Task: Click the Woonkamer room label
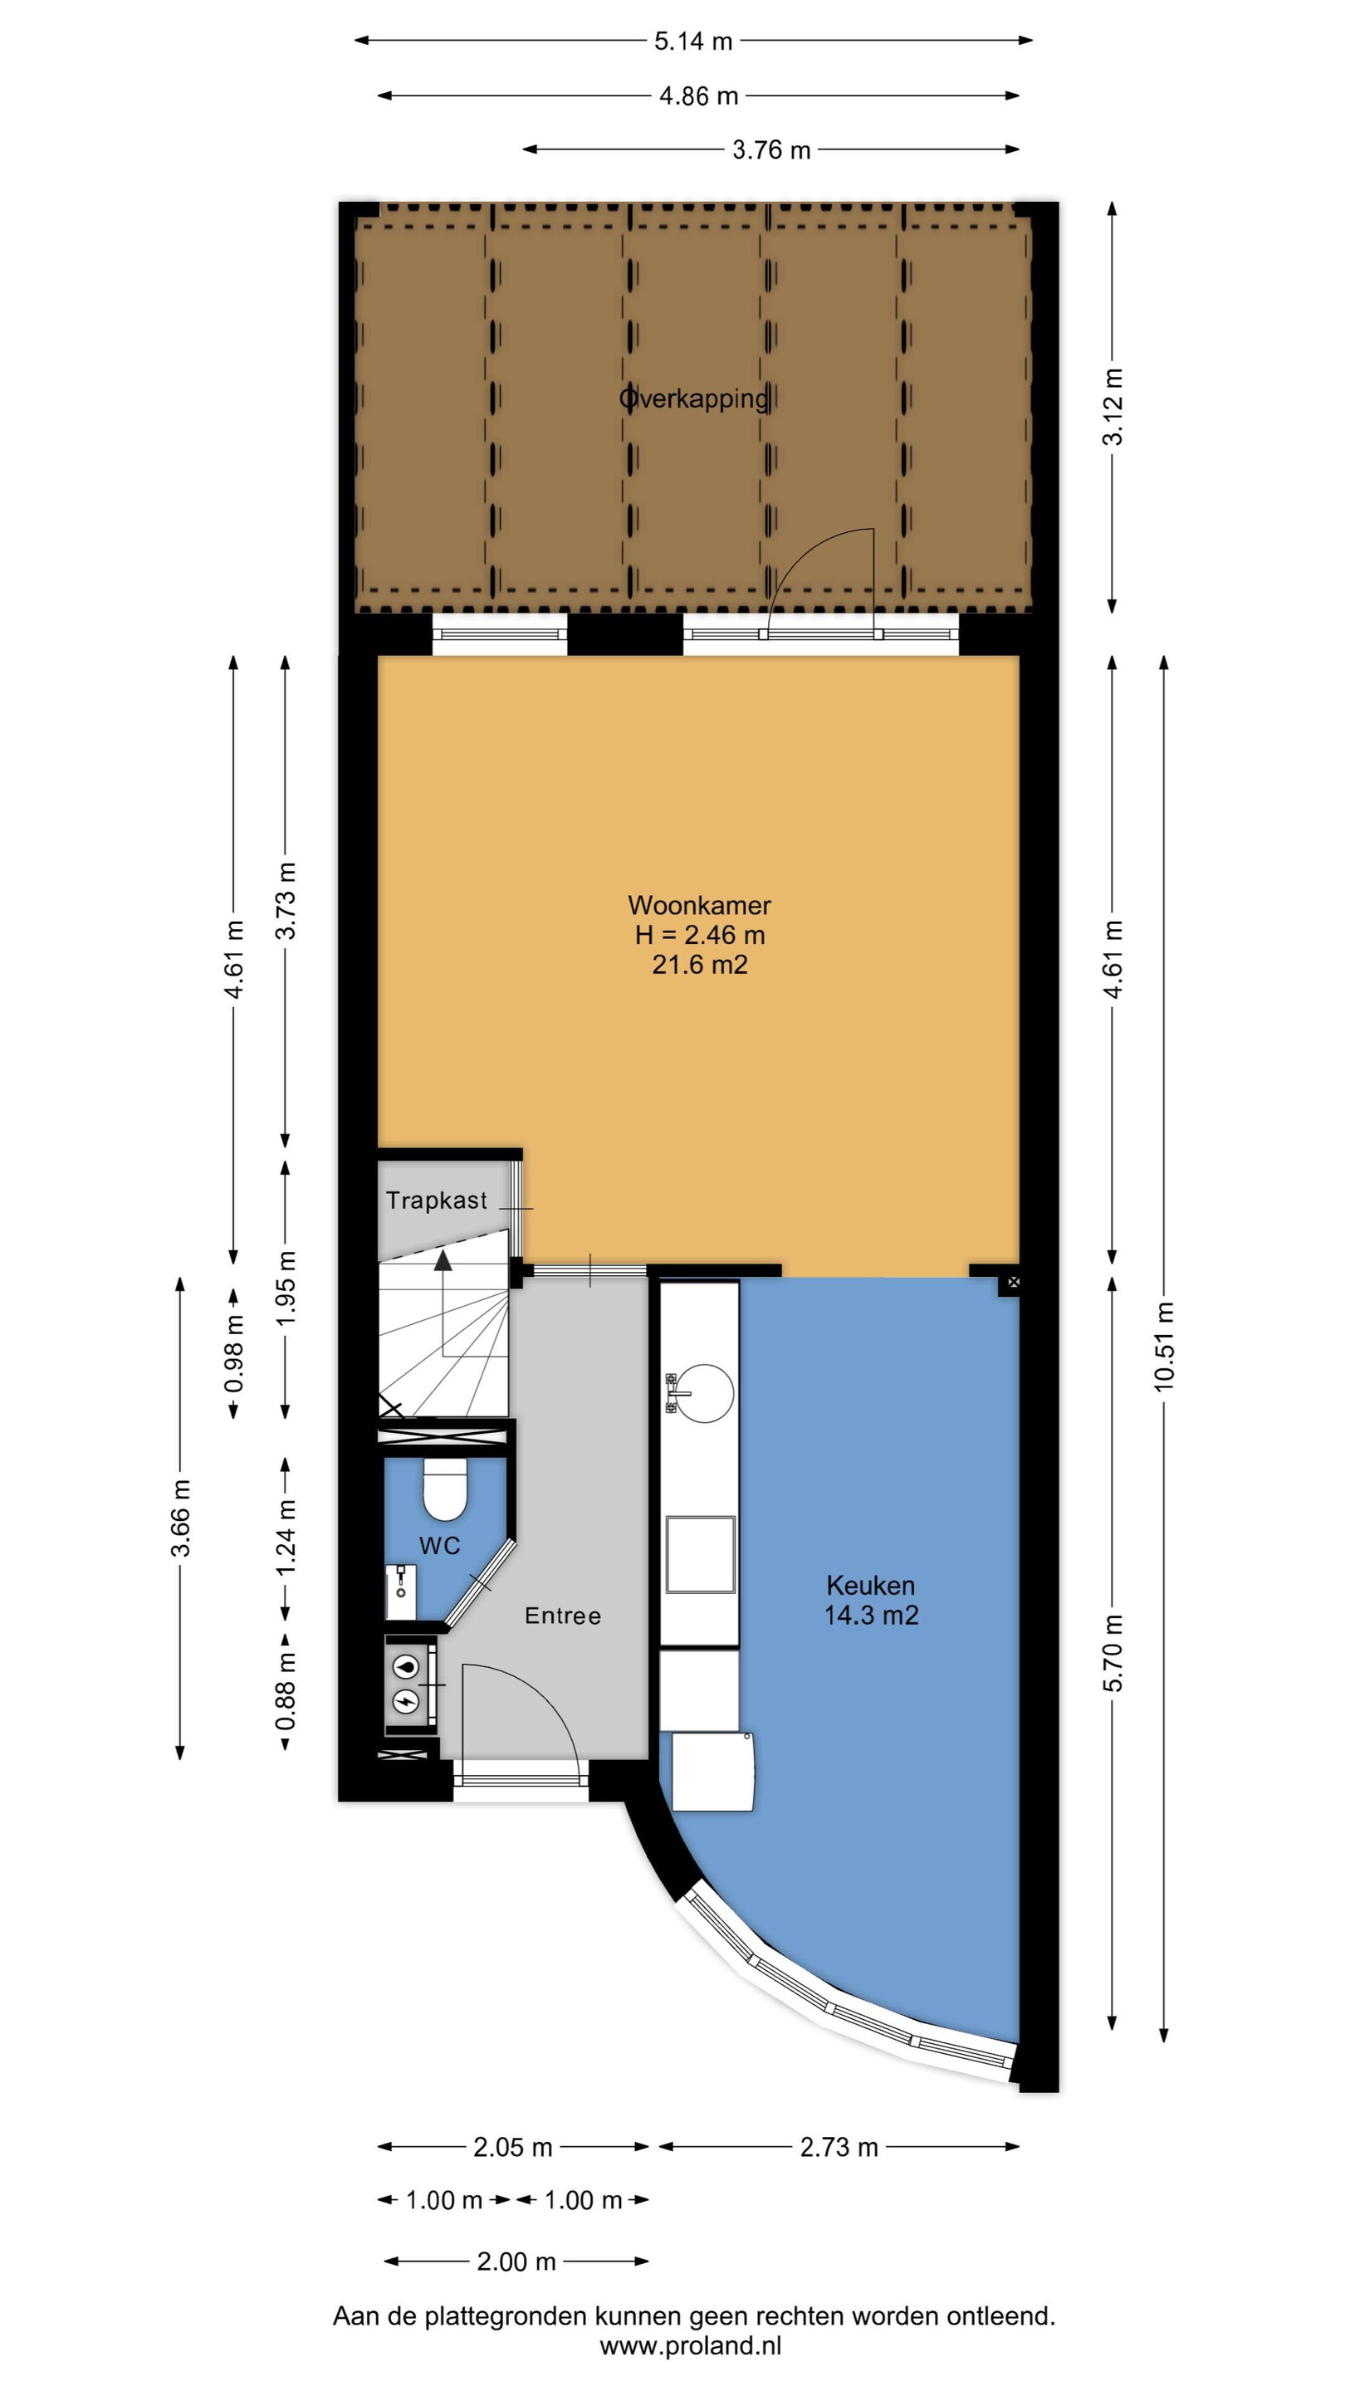coord(699,905)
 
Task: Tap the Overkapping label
coord(694,399)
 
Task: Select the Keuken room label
coord(871,1586)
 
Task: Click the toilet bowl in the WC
coord(445,1489)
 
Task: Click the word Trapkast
coord(436,1200)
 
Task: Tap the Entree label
coord(563,1616)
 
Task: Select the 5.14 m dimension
coord(693,41)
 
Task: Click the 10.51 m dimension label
coord(1164,1346)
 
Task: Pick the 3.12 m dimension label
coord(1113,407)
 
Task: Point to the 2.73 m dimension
coord(839,2147)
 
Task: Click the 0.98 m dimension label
coord(235,1354)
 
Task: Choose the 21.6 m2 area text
coord(699,966)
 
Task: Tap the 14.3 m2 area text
coord(871,1615)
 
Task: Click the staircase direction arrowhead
coord(443,1259)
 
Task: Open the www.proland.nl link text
coord(691,2346)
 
